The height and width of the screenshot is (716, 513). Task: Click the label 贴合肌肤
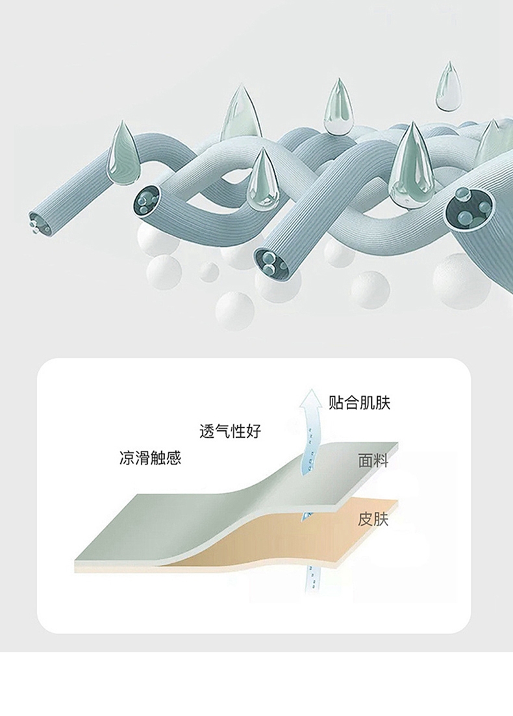pos(359,403)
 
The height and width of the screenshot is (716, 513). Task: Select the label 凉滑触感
pos(150,458)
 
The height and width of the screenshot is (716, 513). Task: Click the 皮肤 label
pos(373,520)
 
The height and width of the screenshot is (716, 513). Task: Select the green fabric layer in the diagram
pos(195,513)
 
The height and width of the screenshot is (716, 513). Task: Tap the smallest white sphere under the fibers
pos(208,271)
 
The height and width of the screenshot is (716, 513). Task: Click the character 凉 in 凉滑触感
pos(127,458)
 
